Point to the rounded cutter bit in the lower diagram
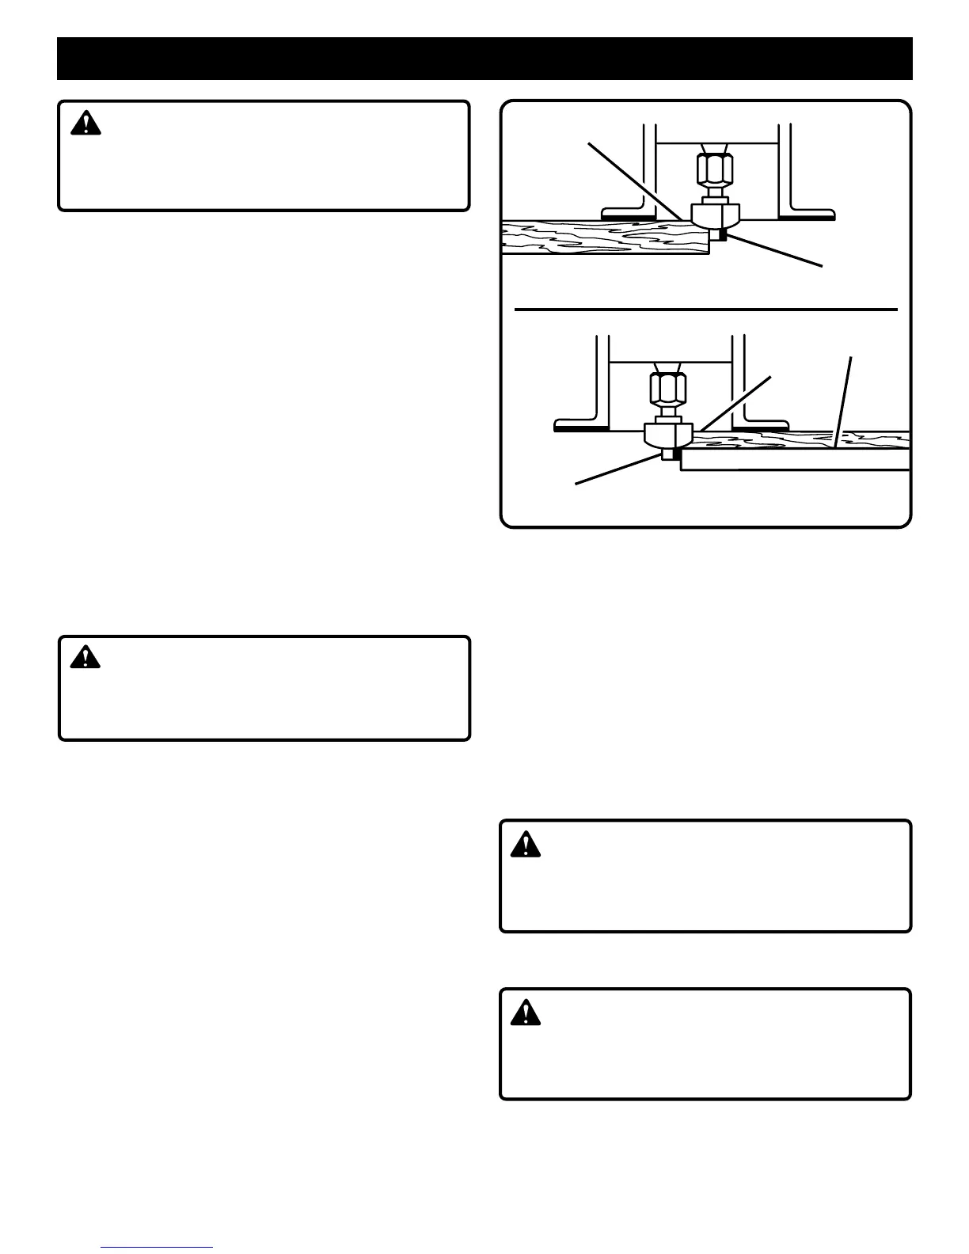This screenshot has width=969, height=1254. click(x=669, y=435)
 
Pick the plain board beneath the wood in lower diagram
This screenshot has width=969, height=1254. click(x=792, y=460)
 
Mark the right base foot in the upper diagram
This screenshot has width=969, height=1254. click(x=807, y=213)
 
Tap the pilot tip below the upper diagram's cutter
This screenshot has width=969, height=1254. click(x=719, y=234)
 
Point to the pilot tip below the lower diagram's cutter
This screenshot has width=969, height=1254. click(x=671, y=454)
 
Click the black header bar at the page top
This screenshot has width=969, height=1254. click(x=484, y=58)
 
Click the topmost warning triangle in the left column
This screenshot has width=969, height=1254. click(x=85, y=123)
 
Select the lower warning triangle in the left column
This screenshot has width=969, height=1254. click(x=85, y=657)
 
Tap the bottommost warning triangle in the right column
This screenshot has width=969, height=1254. click(x=526, y=1013)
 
